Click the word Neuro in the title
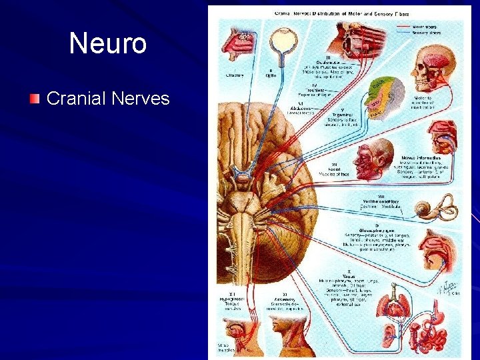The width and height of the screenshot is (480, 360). pyautogui.click(x=107, y=44)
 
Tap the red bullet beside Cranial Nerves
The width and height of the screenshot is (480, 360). pyautogui.click(x=35, y=99)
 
